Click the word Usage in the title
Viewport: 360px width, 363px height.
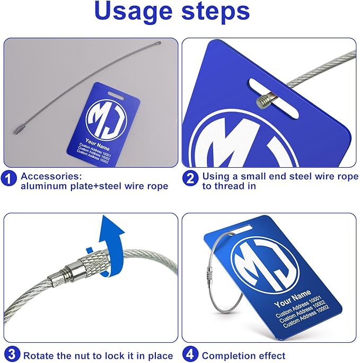[134, 12]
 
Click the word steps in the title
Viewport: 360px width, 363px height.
[216, 12]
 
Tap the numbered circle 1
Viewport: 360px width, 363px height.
[9, 178]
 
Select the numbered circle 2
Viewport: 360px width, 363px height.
[190, 178]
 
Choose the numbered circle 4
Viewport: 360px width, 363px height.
[190, 354]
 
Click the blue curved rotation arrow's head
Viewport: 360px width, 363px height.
[112, 227]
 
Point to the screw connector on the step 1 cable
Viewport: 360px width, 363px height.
[19, 130]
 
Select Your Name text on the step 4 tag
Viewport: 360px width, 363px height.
[293, 299]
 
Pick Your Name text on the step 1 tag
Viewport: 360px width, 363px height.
[98, 144]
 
